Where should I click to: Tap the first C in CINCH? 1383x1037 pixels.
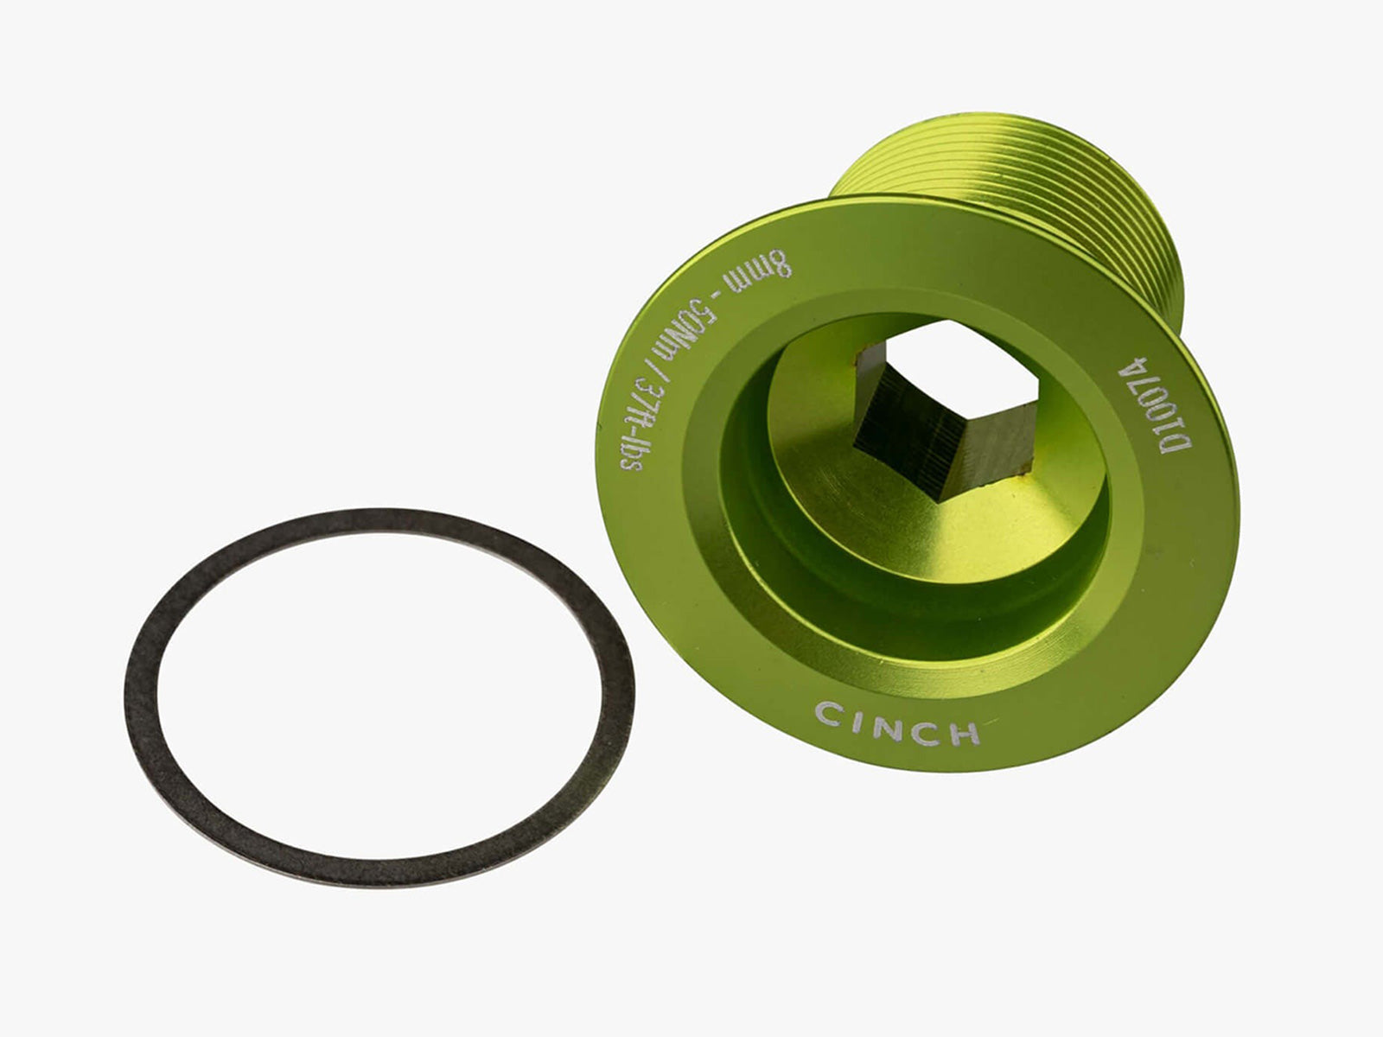(829, 714)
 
